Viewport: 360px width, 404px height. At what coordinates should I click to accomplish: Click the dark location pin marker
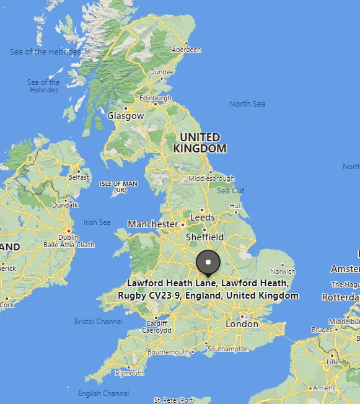(208, 263)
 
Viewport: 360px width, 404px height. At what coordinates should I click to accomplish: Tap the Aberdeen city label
(187, 50)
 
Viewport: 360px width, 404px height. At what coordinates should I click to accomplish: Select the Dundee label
(162, 72)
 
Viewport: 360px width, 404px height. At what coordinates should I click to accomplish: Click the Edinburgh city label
(155, 98)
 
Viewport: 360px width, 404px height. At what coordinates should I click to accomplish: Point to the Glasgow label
(125, 116)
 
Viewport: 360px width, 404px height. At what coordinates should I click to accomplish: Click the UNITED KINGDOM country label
(200, 143)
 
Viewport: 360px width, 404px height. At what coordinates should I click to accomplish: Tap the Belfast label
(79, 177)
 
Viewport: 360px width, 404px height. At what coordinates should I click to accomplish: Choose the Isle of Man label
(118, 187)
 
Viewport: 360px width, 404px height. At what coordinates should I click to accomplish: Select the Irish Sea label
(97, 222)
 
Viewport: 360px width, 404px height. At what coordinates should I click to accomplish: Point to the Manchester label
(152, 224)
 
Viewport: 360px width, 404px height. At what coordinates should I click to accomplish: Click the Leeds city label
(203, 217)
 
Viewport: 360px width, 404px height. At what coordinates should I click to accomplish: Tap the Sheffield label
(205, 237)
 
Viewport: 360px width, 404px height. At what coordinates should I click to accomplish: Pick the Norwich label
(283, 271)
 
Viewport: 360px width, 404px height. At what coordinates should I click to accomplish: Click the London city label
(242, 324)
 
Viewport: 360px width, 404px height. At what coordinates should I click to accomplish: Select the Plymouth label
(130, 373)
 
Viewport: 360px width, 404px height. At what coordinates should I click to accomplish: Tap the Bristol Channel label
(98, 322)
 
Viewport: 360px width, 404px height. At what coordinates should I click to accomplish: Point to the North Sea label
(247, 103)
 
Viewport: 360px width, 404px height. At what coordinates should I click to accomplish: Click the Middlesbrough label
(211, 178)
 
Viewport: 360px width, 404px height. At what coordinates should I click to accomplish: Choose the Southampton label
(227, 349)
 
